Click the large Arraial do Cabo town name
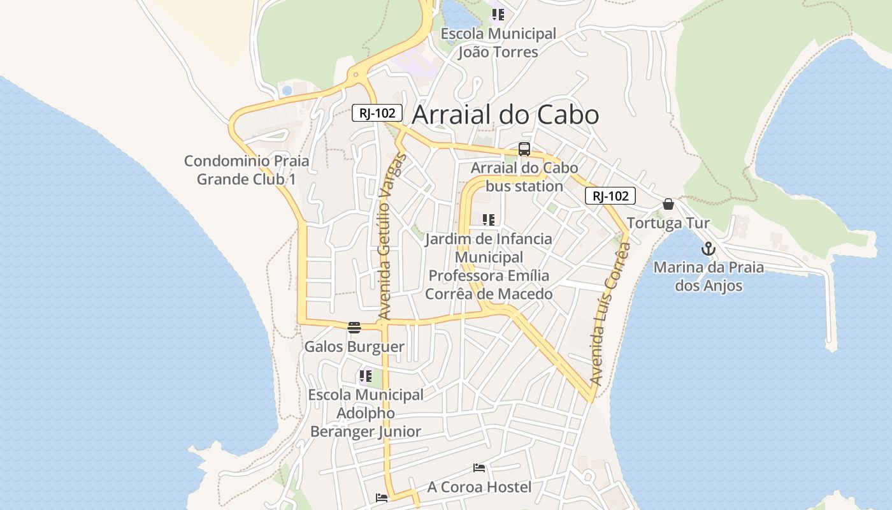[x=505, y=115]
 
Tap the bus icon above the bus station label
[x=524, y=150]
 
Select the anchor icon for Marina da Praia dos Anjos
[x=709, y=249]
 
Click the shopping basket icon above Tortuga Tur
[x=668, y=204]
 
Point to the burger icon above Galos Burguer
[x=354, y=328]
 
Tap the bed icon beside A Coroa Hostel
[x=479, y=469]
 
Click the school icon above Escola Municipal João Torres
[x=498, y=15]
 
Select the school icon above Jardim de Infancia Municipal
[x=489, y=221]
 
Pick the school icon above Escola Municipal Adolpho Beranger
[x=365, y=376]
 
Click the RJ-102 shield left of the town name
[x=377, y=113]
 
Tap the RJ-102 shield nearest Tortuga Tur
[x=610, y=196]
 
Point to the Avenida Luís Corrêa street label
[x=609, y=316]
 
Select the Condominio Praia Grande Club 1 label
[x=247, y=170]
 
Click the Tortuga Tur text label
[x=668, y=223]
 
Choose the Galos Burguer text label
[x=354, y=347]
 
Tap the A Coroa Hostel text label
[x=479, y=487]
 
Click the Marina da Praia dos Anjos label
[x=709, y=276]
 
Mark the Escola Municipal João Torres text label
[x=498, y=43]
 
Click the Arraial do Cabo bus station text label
[x=524, y=177]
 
